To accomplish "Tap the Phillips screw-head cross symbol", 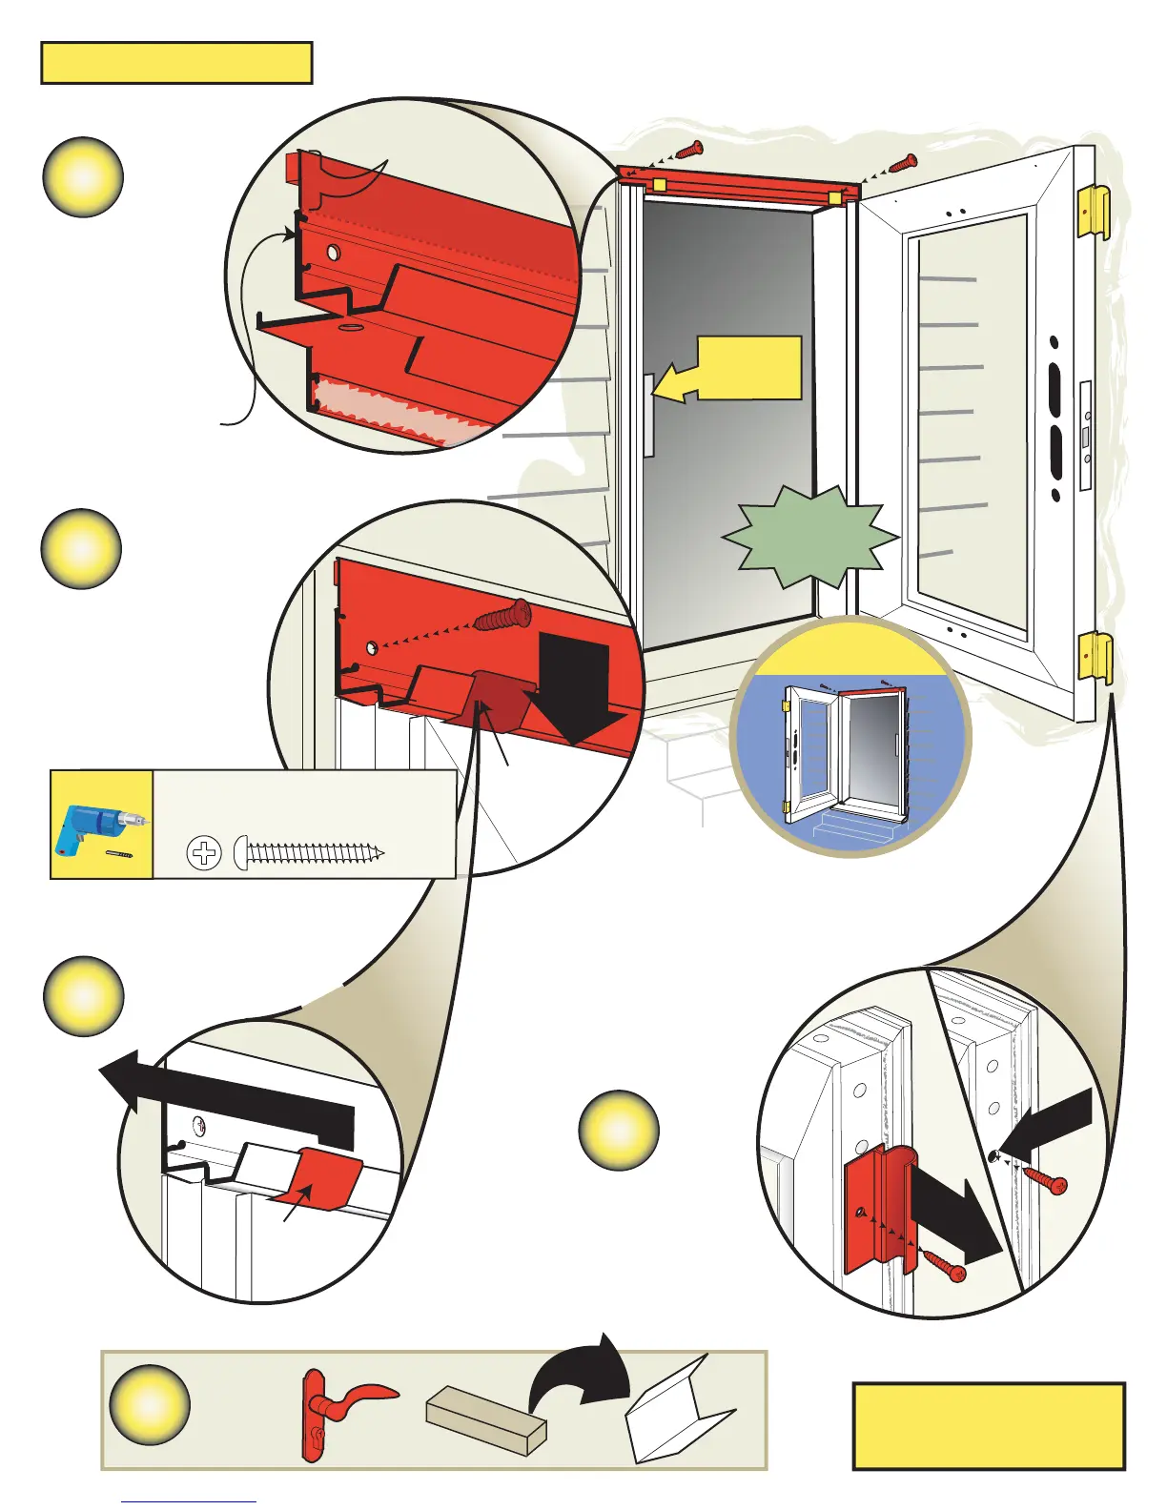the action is point(204,853).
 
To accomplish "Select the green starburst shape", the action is point(810,538).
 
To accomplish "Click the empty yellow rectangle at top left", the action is point(176,63).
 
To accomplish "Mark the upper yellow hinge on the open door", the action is point(1094,213).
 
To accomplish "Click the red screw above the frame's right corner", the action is point(901,164).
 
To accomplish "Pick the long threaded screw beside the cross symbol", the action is point(310,852).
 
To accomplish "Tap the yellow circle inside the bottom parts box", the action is point(150,1405).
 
